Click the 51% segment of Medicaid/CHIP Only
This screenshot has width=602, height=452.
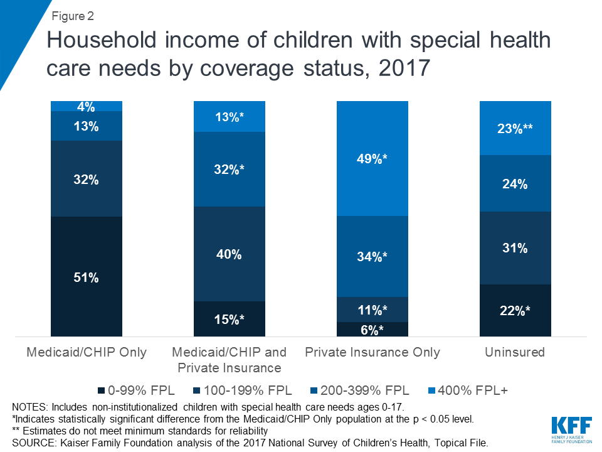(86, 277)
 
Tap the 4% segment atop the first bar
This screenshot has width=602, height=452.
(86, 106)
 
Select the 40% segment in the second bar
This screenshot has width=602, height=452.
(229, 254)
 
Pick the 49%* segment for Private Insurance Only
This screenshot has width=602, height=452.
(372, 158)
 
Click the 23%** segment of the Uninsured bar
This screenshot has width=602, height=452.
(515, 128)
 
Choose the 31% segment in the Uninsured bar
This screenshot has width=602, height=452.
(515, 248)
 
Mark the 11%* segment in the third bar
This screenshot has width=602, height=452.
(372, 309)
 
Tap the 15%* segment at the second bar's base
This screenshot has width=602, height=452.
(229, 320)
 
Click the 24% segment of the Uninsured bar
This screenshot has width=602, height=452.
(515, 183)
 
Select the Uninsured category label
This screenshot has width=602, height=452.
(515, 352)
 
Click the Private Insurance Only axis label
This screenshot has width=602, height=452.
(372, 352)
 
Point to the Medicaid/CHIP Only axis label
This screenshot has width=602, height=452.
(87, 352)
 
